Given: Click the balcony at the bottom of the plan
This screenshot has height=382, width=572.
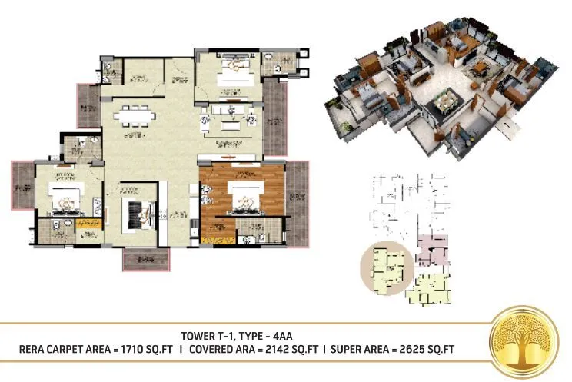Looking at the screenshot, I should tap(145, 259).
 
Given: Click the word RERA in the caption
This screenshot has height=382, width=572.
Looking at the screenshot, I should tap(37, 350).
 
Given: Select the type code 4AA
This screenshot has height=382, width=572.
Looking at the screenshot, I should tap(283, 336).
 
